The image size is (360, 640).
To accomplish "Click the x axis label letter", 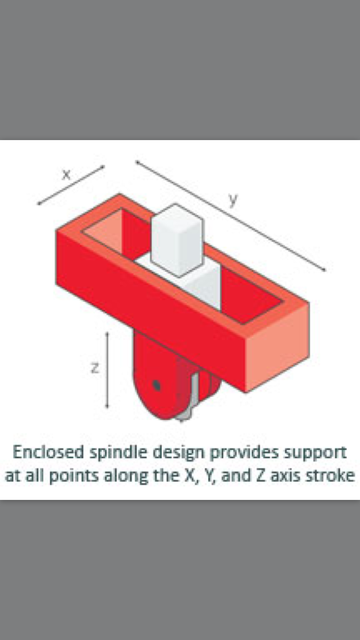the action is coord(66,174).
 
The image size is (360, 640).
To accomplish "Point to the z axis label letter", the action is coord(95,368).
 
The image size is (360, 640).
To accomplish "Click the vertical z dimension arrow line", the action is coord(107,370).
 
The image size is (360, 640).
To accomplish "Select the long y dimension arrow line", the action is coord(231,216).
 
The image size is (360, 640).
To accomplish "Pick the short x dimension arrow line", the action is coord(71,185).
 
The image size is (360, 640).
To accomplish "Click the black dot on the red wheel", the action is coord(156,386).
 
